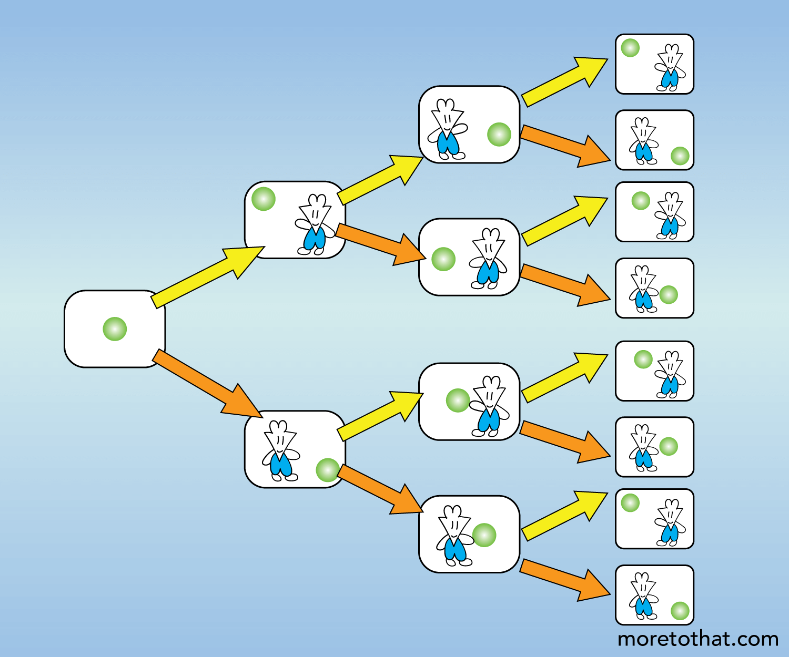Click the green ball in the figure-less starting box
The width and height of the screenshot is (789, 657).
(115, 329)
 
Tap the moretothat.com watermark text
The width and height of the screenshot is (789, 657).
(697, 639)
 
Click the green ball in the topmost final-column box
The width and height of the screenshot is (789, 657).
(630, 48)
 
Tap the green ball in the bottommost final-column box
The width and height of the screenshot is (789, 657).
(680, 611)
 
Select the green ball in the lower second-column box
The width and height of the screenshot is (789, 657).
(327, 470)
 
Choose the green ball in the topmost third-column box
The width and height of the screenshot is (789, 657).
(499, 134)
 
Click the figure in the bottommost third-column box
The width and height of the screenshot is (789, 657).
(453, 536)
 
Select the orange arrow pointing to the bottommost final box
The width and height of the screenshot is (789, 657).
(565, 580)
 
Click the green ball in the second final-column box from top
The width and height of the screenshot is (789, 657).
(680, 156)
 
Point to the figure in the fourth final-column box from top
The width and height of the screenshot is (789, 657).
(643, 289)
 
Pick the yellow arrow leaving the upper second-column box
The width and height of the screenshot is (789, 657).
(380, 180)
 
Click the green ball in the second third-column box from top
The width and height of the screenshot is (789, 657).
(443, 259)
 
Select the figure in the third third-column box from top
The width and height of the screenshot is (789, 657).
(489, 407)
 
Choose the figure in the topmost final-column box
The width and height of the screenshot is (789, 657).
(669, 68)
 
